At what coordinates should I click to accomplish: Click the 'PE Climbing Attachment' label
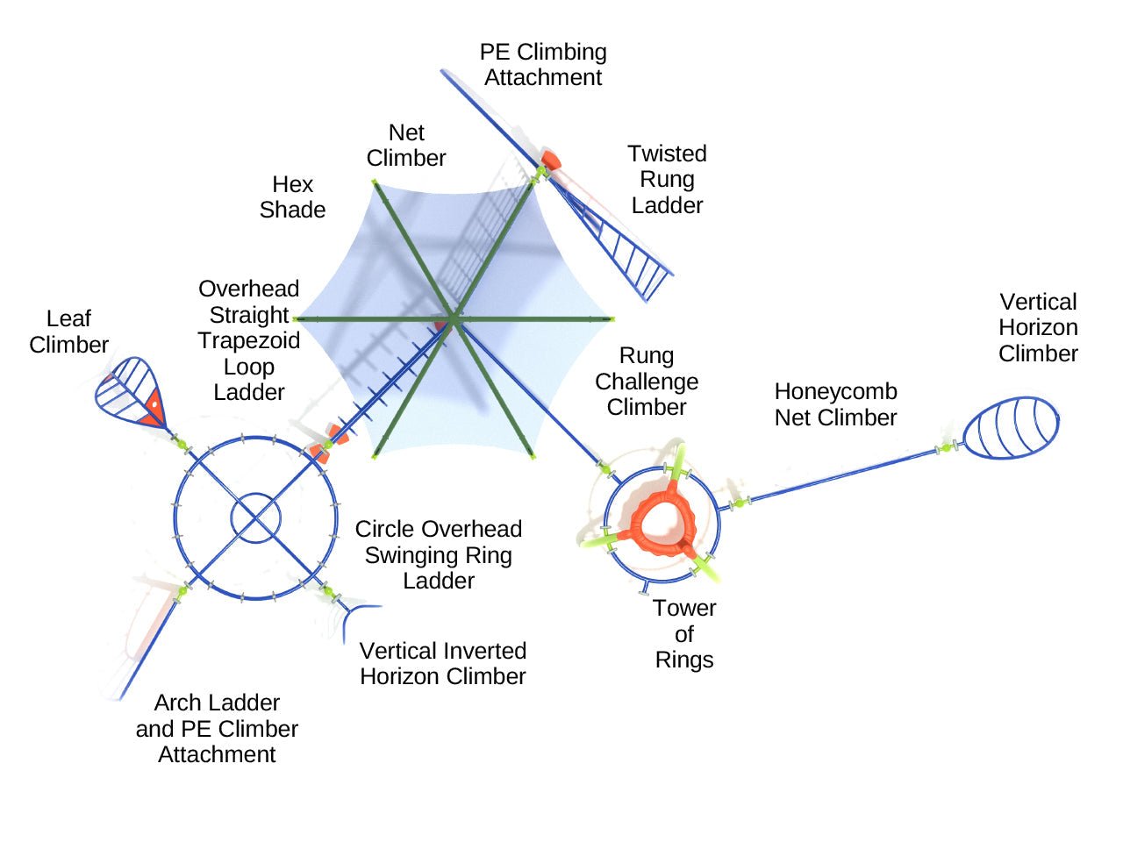543,65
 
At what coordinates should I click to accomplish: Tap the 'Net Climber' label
406,146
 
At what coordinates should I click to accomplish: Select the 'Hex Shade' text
292,197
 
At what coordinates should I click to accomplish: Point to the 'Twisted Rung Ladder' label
667,180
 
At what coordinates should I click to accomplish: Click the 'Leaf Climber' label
68,332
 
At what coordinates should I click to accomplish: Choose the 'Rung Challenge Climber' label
647,382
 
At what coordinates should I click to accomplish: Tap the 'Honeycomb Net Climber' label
835,404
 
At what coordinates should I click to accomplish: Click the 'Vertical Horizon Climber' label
1038,328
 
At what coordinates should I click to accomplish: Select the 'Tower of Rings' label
684,634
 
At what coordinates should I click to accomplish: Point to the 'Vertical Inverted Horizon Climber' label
443,664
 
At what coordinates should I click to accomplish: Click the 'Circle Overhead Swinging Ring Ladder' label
439,555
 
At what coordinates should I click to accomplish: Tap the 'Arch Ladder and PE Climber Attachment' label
217,729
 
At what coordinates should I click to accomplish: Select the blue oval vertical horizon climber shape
1011,428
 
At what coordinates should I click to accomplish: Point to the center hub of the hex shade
454,318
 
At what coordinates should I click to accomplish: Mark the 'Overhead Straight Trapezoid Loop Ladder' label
249,340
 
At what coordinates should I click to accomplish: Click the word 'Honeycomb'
835,392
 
